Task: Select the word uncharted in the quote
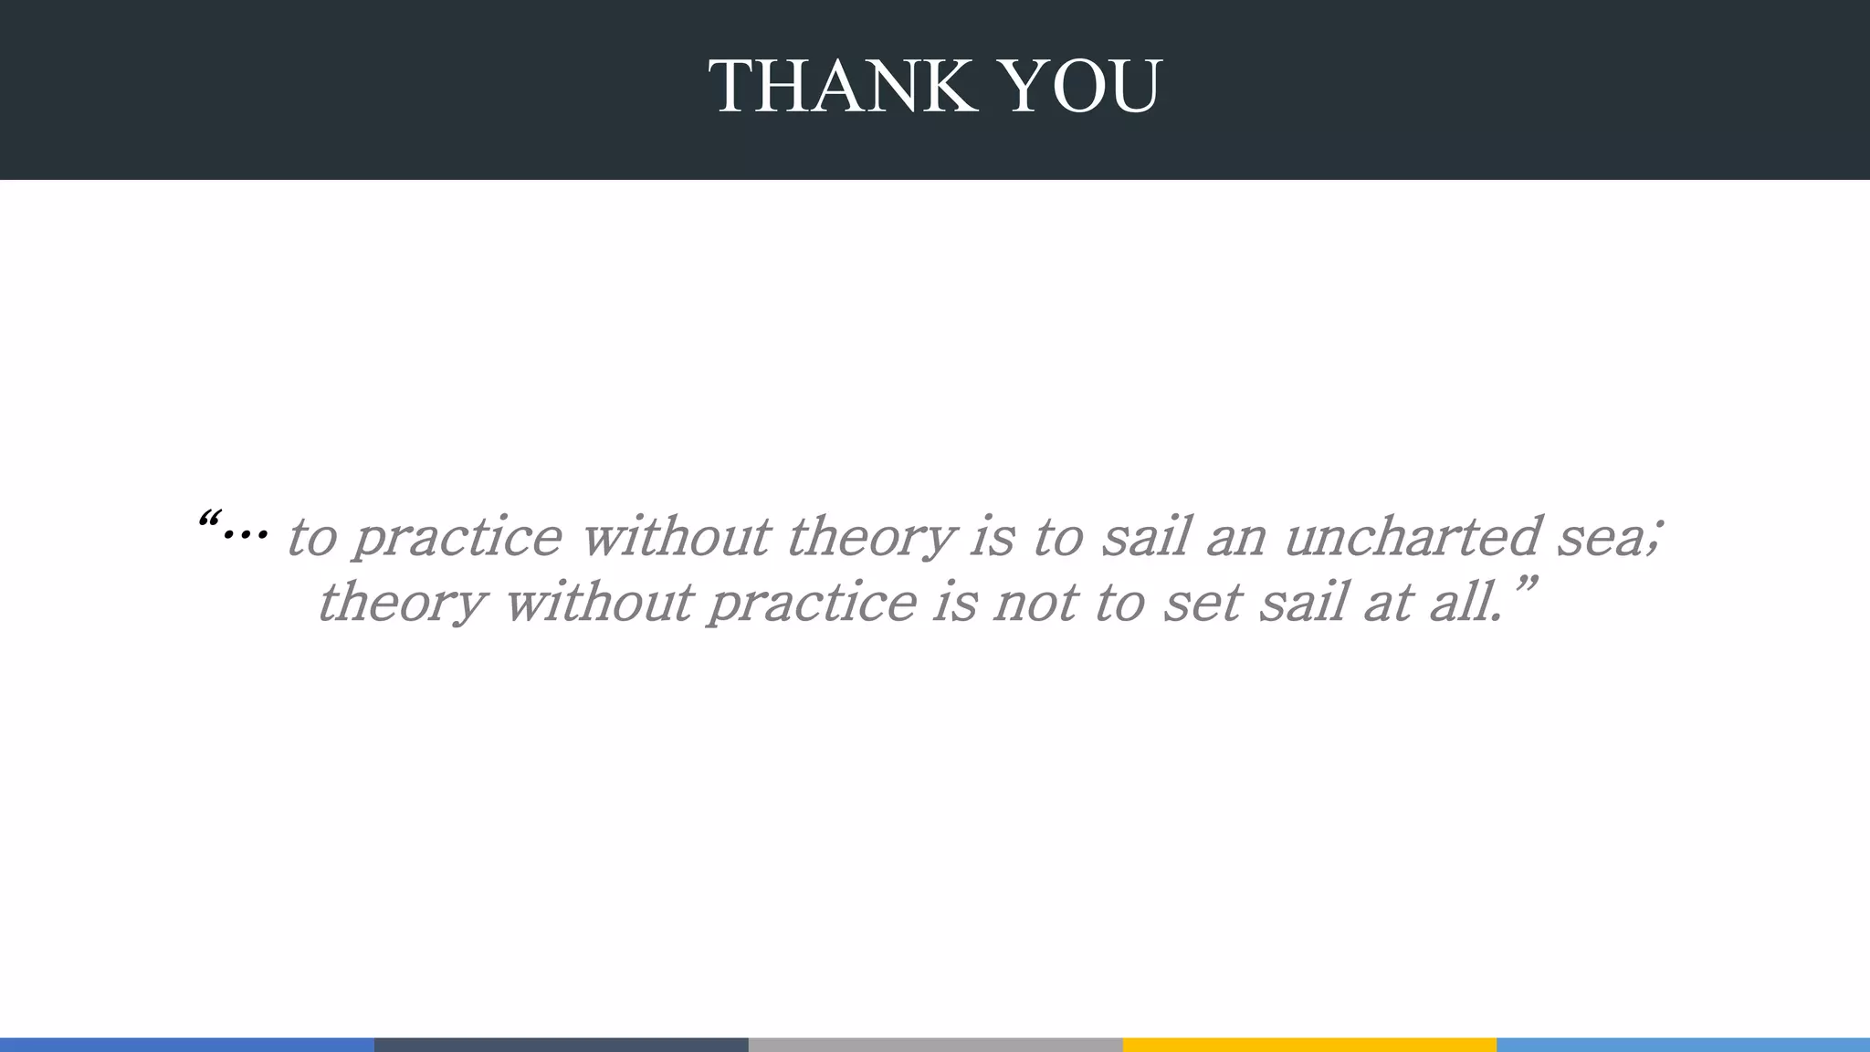1413,536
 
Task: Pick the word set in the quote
1202,604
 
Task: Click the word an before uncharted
1236,538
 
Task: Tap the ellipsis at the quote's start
245,532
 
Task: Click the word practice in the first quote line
457,538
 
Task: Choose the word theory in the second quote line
401,604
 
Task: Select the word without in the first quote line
675,536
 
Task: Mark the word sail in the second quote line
1302,603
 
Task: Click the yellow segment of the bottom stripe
1309,1045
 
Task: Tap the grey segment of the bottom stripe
935,1045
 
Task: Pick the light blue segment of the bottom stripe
1683,1045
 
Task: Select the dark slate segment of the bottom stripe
561,1045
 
